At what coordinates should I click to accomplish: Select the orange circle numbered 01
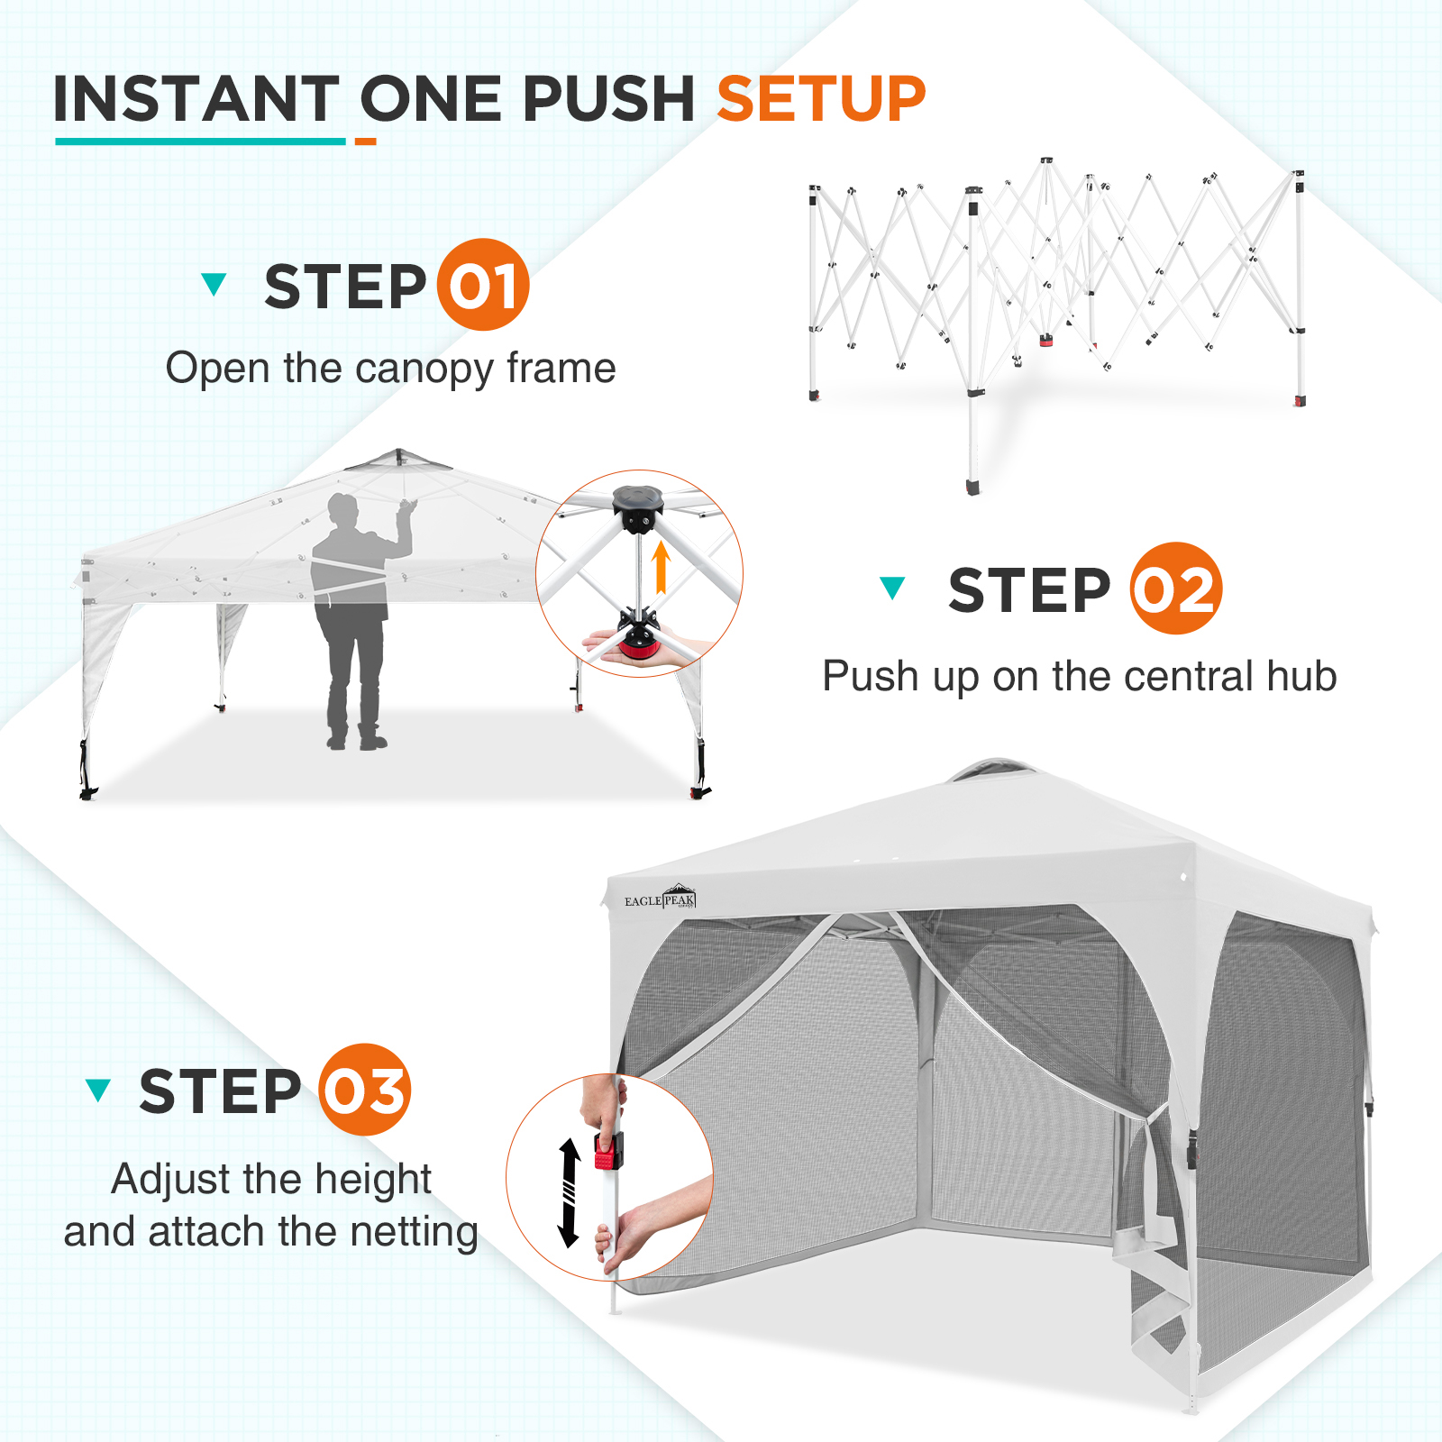(483, 285)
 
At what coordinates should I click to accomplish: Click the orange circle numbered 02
(1176, 589)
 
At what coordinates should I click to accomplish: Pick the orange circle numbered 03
(365, 1090)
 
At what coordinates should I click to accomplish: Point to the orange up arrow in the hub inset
(662, 567)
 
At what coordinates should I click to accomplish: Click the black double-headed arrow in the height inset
(569, 1192)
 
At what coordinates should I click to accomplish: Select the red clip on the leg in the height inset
(608, 1152)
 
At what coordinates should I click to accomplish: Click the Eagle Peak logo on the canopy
(661, 898)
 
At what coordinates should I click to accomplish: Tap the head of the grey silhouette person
(342, 511)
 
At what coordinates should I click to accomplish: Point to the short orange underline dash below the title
(365, 141)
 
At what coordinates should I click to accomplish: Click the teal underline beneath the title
(200, 141)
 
